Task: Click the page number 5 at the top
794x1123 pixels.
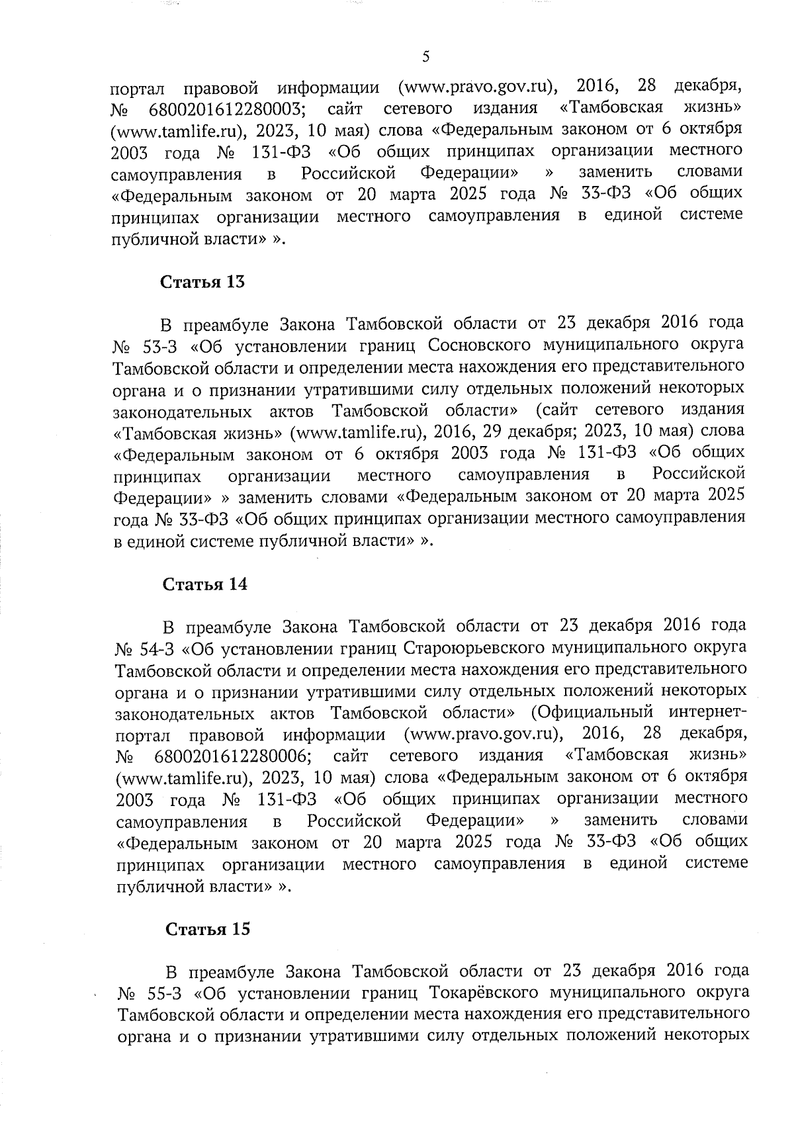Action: (425, 57)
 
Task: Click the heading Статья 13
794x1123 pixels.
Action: (202, 282)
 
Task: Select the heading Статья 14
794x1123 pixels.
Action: (205, 584)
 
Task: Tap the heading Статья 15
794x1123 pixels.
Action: (207, 929)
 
